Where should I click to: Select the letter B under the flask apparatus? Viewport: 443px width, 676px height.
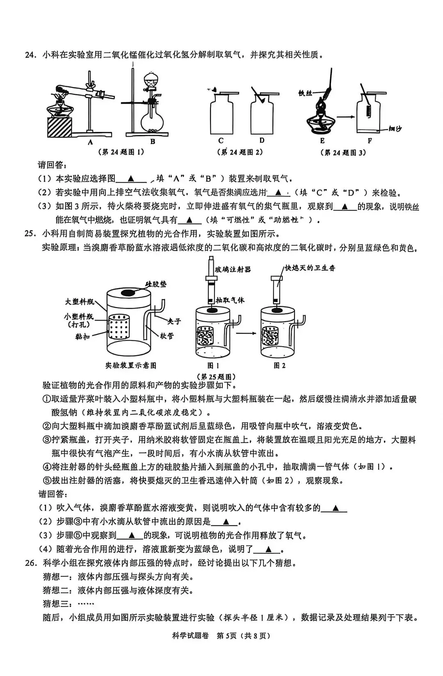click(x=153, y=142)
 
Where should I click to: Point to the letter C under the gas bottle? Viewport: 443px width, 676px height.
click(x=221, y=141)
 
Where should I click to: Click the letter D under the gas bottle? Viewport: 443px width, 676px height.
click(x=262, y=141)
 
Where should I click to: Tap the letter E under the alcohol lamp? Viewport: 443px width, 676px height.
click(x=322, y=141)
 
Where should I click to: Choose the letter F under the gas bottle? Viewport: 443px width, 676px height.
click(x=369, y=141)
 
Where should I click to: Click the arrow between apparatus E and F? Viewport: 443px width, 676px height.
click(x=345, y=117)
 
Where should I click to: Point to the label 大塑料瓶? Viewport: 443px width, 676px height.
click(x=80, y=302)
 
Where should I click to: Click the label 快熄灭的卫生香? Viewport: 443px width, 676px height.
click(x=310, y=268)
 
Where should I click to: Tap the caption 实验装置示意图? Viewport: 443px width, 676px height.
click(x=131, y=365)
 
